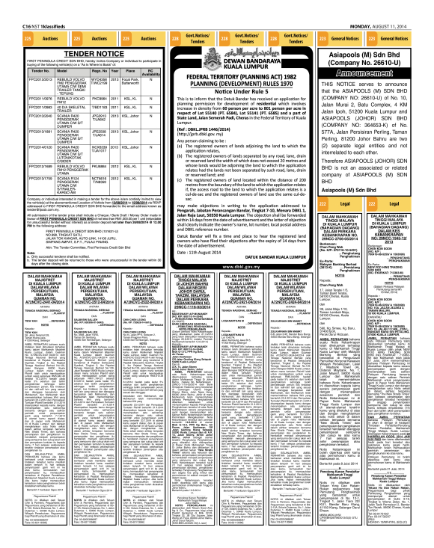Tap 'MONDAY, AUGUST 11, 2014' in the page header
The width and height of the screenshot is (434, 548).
coord(399,5)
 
